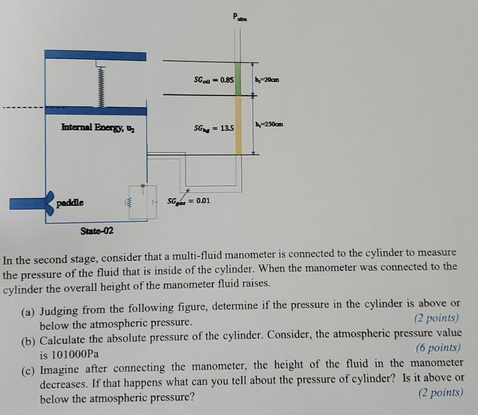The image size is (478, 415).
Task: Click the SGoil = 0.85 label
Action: click(x=213, y=81)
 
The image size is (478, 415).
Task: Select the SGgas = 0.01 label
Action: click(x=188, y=200)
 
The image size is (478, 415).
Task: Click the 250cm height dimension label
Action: click(x=269, y=125)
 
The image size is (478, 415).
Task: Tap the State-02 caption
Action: click(x=97, y=231)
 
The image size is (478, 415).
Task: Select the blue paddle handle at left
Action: click(x=26, y=201)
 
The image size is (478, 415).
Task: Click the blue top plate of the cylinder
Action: click(x=96, y=55)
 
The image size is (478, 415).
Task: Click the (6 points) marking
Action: click(x=438, y=348)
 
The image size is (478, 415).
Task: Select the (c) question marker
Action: click(x=28, y=370)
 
